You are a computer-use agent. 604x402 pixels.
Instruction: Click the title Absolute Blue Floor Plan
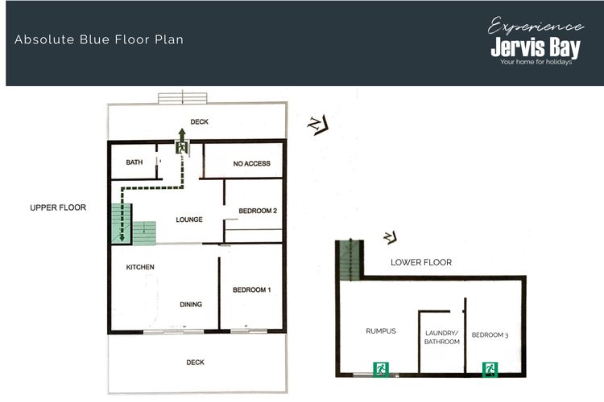pyautogui.click(x=99, y=39)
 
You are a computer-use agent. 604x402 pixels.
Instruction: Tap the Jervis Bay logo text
pyautogui.click(x=536, y=47)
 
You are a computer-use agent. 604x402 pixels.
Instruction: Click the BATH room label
pyautogui.click(x=134, y=162)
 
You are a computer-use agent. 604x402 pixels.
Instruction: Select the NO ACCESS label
pyautogui.click(x=251, y=163)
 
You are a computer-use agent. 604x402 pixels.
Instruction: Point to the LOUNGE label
pyautogui.click(x=189, y=219)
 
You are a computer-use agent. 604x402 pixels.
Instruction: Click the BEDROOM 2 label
pyautogui.click(x=258, y=211)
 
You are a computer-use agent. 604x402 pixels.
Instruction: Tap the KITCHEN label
pyautogui.click(x=140, y=267)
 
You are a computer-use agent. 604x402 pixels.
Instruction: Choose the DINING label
pyautogui.click(x=191, y=304)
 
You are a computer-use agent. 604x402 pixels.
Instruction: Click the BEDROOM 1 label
pyautogui.click(x=251, y=289)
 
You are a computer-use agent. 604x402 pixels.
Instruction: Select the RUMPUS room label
pyautogui.click(x=381, y=330)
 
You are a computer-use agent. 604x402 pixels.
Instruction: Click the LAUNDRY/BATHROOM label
pyautogui.click(x=442, y=338)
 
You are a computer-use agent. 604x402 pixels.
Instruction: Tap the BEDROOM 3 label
pyautogui.click(x=490, y=335)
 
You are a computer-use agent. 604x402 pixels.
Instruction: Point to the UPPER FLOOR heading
pyautogui.click(x=58, y=207)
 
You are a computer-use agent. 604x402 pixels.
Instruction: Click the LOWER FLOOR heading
pyautogui.click(x=421, y=262)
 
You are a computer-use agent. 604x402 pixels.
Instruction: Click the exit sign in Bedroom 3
pyautogui.click(x=490, y=369)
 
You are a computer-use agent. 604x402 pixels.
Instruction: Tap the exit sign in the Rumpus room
pyautogui.click(x=381, y=369)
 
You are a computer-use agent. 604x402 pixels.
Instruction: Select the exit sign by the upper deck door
pyautogui.click(x=182, y=147)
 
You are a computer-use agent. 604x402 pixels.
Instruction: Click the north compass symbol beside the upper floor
pyautogui.click(x=318, y=125)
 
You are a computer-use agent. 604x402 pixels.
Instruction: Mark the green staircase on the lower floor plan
pyautogui.click(x=350, y=260)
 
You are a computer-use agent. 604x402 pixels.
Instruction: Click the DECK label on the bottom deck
pyautogui.click(x=196, y=363)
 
